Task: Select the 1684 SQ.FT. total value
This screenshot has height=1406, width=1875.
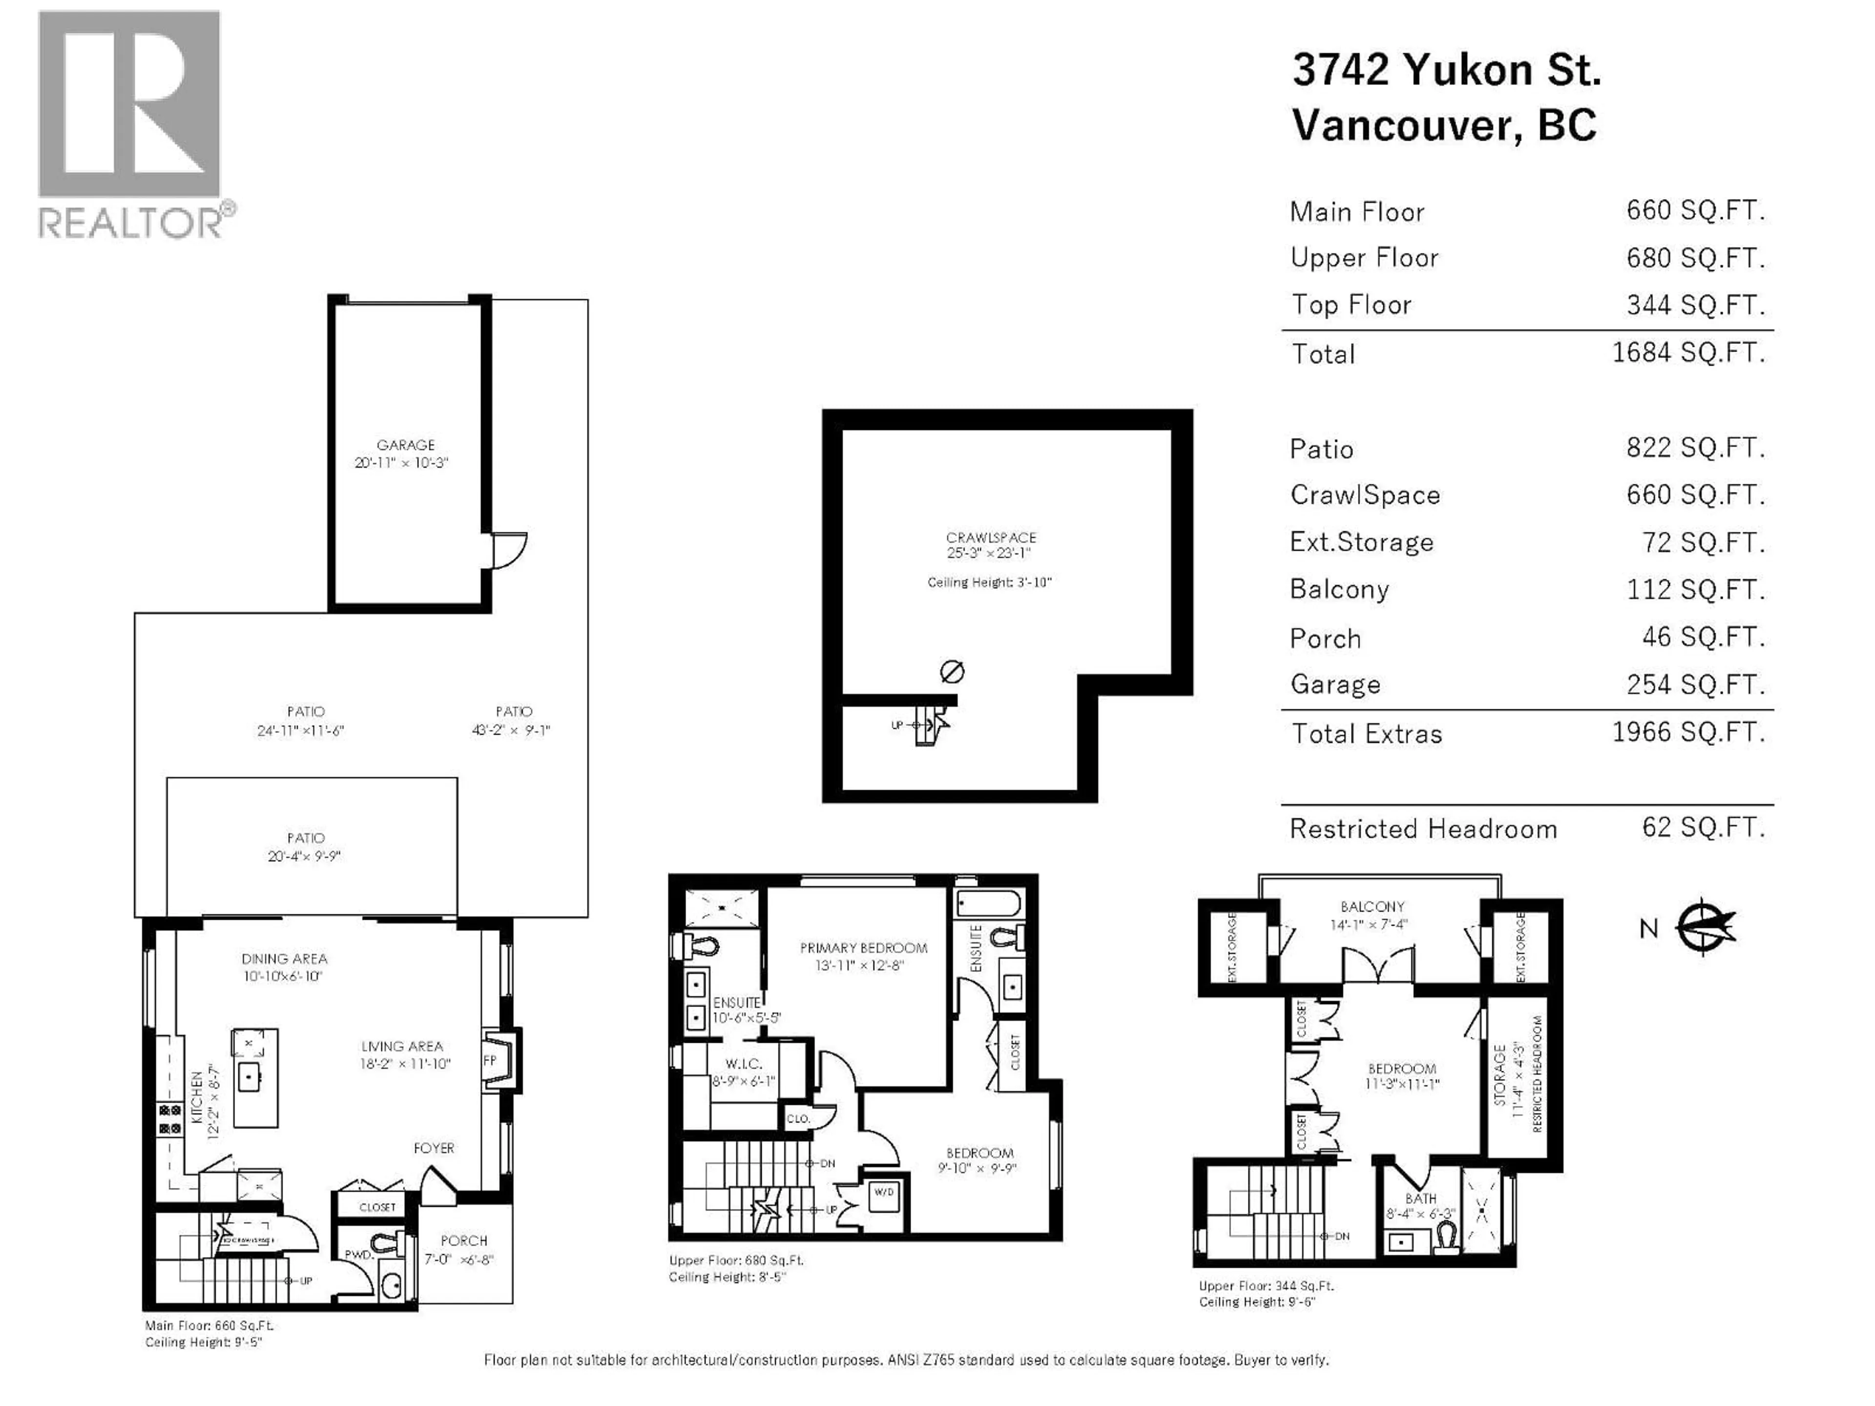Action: pos(1687,352)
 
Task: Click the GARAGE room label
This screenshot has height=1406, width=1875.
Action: pos(405,445)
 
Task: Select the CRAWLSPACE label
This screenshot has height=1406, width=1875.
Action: pos(990,538)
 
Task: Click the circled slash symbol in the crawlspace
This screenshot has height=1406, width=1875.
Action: pos(952,672)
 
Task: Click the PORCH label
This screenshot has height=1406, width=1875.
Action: pos(464,1240)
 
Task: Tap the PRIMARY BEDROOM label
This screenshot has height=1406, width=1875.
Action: pos(863,948)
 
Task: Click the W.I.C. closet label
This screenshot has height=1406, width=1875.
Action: pos(743,1064)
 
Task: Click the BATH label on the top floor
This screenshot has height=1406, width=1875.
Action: pos(1421,1199)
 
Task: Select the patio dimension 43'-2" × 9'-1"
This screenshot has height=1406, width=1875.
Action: pos(511,730)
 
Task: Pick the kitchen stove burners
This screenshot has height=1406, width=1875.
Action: pos(169,1119)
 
